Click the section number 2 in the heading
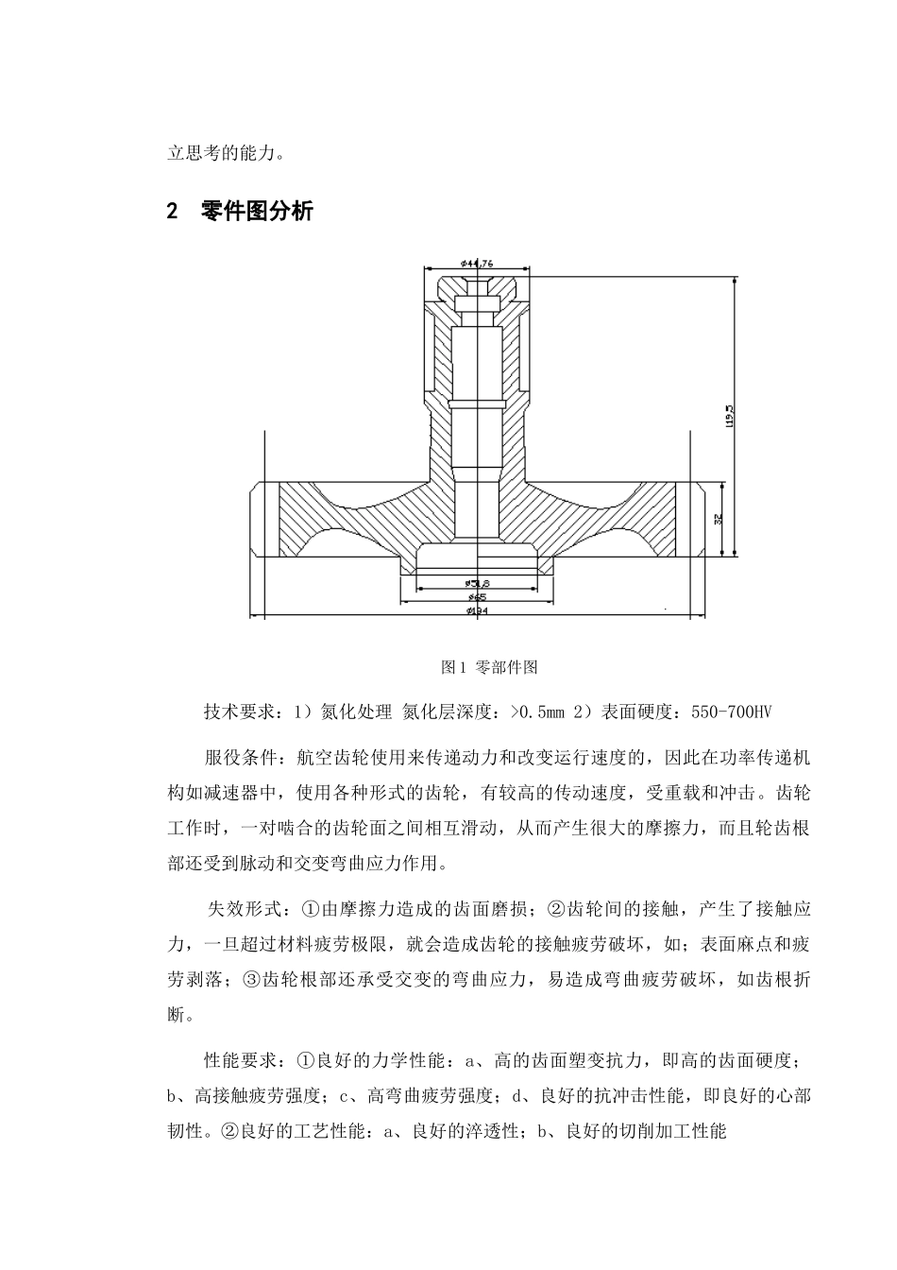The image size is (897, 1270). [x=172, y=212]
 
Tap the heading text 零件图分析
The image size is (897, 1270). [x=257, y=212]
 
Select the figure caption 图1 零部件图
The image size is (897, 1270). [x=489, y=667]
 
